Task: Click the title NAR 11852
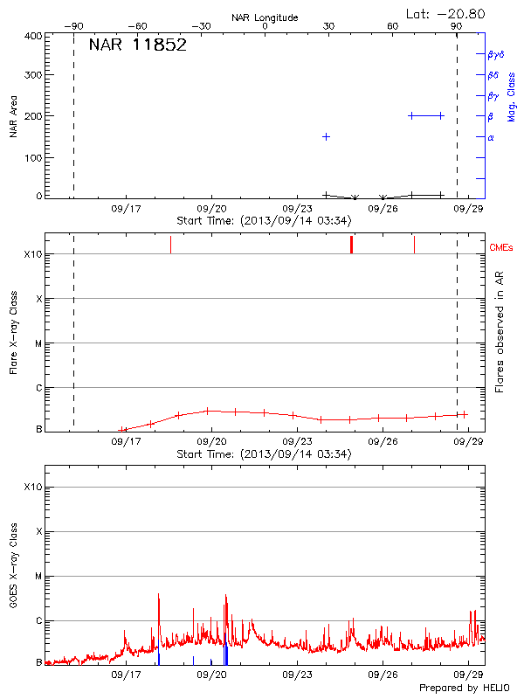pyautogui.click(x=138, y=45)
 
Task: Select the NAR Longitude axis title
pyautogui.click(x=265, y=17)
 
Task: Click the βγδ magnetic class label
pyautogui.click(x=495, y=54)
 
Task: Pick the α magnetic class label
pyautogui.click(x=491, y=137)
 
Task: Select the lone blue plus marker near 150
pyautogui.click(x=326, y=136)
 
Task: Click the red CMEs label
pyautogui.click(x=502, y=247)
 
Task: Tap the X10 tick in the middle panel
pyautogui.click(x=33, y=254)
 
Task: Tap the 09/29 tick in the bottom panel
pyautogui.click(x=469, y=675)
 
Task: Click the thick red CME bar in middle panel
pyautogui.click(x=351, y=244)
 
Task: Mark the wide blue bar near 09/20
pyautogui.click(x=225, y=654)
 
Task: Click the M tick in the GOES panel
pyautogui.click(x=38, y=576)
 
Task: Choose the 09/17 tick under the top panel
pyautogui.click(x=127, y=210)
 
